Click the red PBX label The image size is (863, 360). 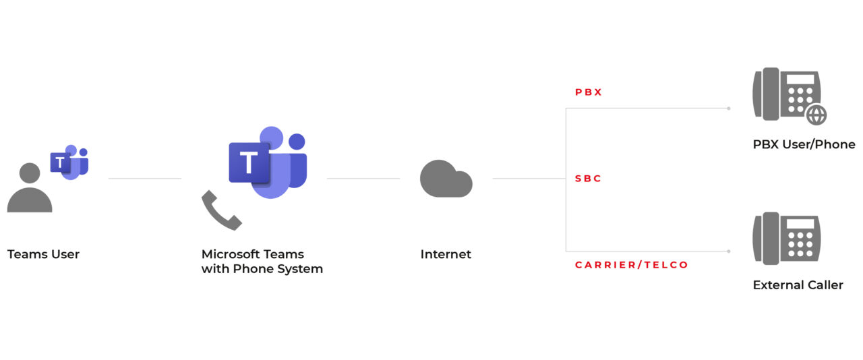tap(588, 92)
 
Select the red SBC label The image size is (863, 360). tap(588, 179)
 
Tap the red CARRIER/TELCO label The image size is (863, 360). tap(631, 265)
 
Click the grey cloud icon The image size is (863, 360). tap(446, 179)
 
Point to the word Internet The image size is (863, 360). tap(446, 254)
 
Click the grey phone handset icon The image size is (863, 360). tap(221, 210)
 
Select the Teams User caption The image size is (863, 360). tap(43, 254)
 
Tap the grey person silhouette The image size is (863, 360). tap(30, 189)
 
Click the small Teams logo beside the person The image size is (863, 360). tap(69, 162)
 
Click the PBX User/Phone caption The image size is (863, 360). tap(804, 144)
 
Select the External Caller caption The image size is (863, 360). tap(798, 285)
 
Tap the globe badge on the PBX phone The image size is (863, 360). tap(816, 115)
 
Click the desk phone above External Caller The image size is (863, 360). tap(785, 239)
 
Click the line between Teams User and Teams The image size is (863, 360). tap(144, 179)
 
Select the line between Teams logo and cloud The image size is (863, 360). tap(363, 179)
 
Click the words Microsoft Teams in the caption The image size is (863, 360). tap(252, 254)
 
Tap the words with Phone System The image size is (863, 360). tap(262, 269)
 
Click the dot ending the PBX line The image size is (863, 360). tap(728, 108)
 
